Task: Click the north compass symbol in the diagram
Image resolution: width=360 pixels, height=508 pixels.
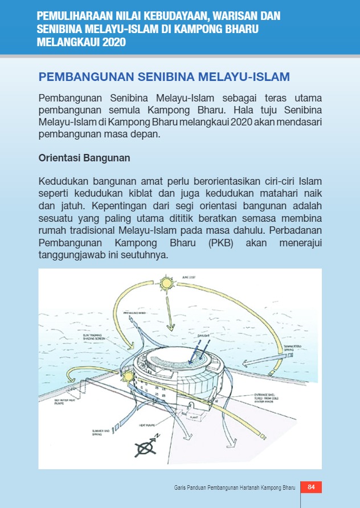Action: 144,447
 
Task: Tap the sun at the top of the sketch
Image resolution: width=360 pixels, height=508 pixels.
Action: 166,284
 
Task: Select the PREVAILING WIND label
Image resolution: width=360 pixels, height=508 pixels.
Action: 135,313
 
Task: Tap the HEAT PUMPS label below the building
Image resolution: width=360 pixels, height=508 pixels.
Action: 147,425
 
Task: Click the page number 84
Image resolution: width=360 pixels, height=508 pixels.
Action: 311,487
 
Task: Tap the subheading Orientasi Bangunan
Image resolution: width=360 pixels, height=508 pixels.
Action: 84,158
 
